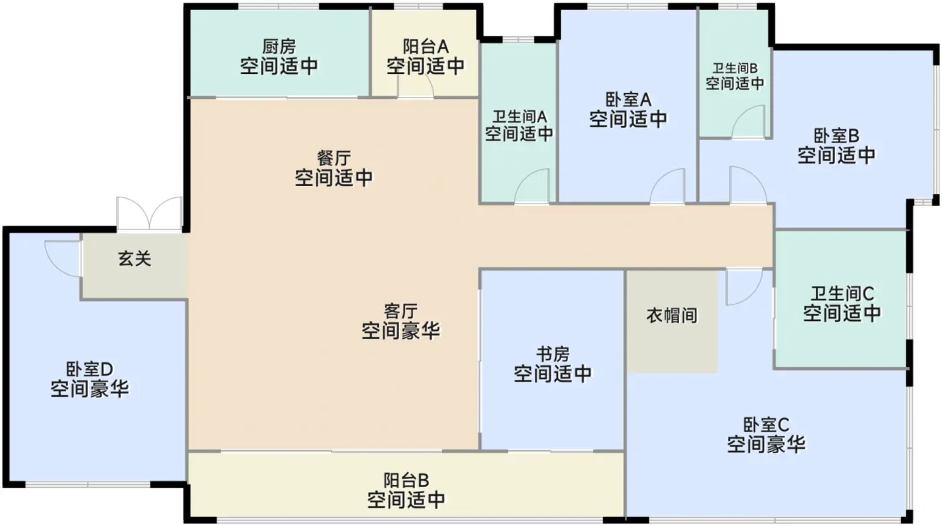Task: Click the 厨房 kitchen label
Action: pyautogui.click(x=279, y=47)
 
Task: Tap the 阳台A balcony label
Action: pyautogui.click(x=425, y=47)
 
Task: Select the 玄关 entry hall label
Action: pyautogui.click(x=135, y=259)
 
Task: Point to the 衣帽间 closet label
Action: pyautogui.click(x=672, y=315)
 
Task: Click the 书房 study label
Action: pyautogui.click(x=553, y=354)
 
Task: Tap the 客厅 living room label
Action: pyautogui.click(x=401, y=311)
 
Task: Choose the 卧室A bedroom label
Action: pyautogui.click(x=628, y=100)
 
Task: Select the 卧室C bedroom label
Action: pyautogui.click(x=766, y=425)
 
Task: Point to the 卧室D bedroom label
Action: pyautogui.click(x=89, y=369)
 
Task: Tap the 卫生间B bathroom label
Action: pyautogui.click(x=735, y=68)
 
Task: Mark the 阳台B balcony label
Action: pyautogui.click(x=406, y=480)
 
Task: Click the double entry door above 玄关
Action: pyautogui.click(x=149, y=214)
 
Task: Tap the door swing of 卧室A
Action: pyautogui.click(x=668, y=187)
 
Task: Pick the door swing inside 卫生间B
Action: pyautogui.click(x=748, y=123)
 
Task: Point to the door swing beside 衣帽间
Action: pyautogui.click(x=744, y=286)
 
